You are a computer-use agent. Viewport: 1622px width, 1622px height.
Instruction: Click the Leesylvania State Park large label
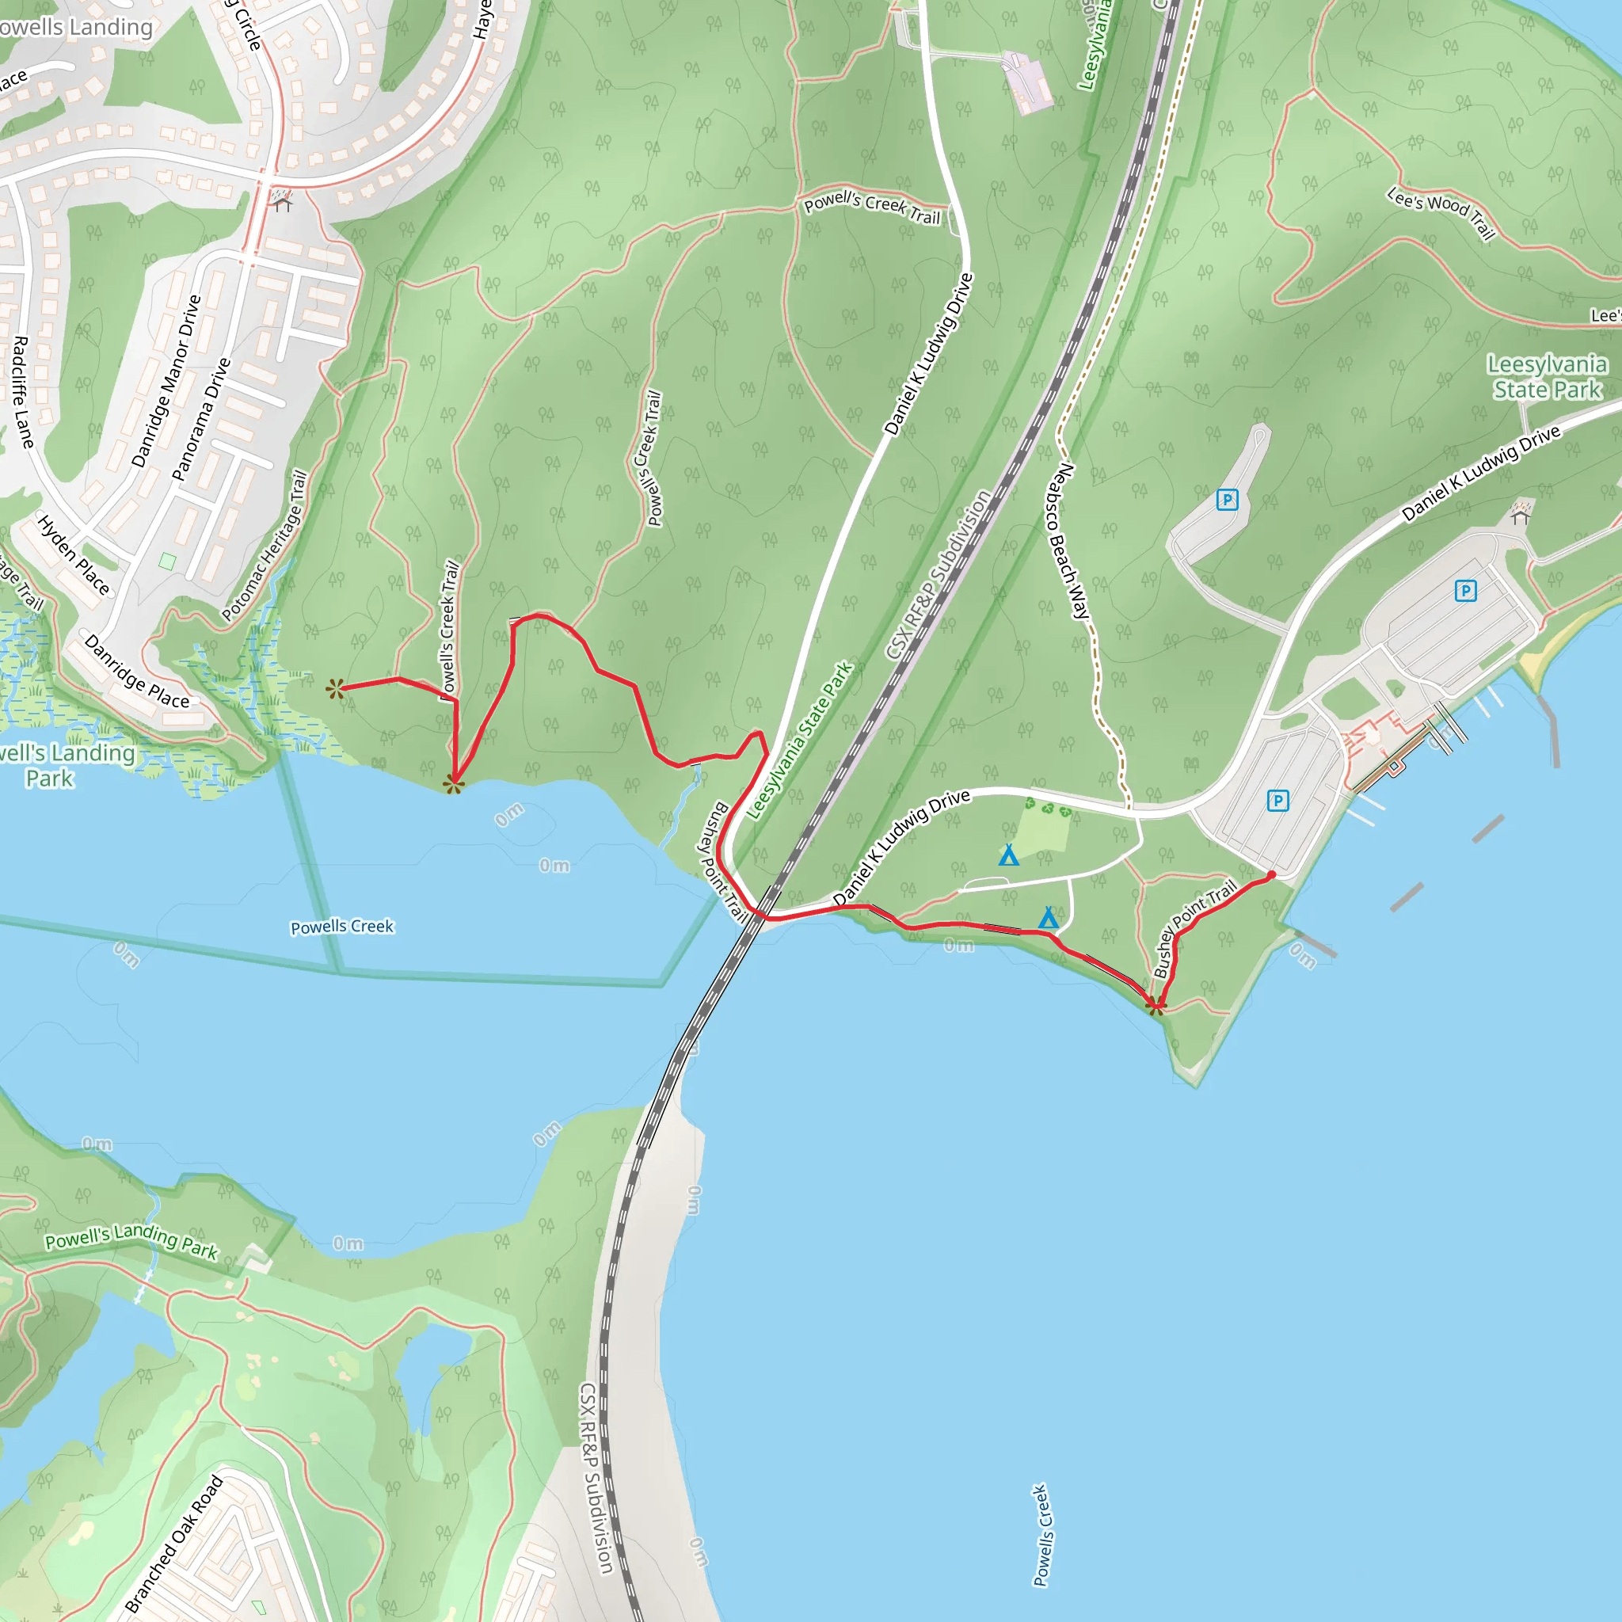click(x=1547, y=377)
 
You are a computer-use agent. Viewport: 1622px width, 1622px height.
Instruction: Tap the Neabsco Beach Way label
click(x=1068, y=541)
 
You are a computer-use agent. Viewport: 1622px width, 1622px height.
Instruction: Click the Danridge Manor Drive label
click(x=166, y=380)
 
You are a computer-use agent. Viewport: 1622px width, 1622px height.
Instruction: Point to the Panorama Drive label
click(x=200, y=419)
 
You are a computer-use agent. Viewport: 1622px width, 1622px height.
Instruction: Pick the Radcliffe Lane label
click(x=23, y=392)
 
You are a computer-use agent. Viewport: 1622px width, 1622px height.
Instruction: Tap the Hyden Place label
click(x=74, y=555)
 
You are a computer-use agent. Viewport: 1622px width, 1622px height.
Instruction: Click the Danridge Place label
click(x=137, y=672)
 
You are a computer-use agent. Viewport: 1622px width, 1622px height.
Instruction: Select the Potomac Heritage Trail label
click(x=264, y=546)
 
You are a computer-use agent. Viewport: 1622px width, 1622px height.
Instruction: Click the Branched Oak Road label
click(x=173, y=1544)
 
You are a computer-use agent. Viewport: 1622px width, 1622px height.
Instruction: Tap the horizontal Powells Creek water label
click(x=341, y=927)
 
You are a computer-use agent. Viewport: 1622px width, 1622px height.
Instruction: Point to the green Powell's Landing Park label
click(x=131, y=1242)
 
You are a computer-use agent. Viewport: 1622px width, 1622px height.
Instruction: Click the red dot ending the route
click(x=1271, y=876)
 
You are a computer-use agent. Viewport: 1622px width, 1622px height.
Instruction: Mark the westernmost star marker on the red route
click(x=336, y=689)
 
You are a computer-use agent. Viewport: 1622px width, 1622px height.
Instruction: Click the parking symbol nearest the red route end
click(x=1277, y=800)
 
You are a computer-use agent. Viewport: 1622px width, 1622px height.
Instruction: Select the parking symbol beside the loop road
click(x=1228, y=501)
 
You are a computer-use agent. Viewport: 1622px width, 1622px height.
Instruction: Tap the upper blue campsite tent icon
click(x=1008, y=855)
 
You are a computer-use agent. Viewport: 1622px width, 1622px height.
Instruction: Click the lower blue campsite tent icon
click(x=1048, y=919)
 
